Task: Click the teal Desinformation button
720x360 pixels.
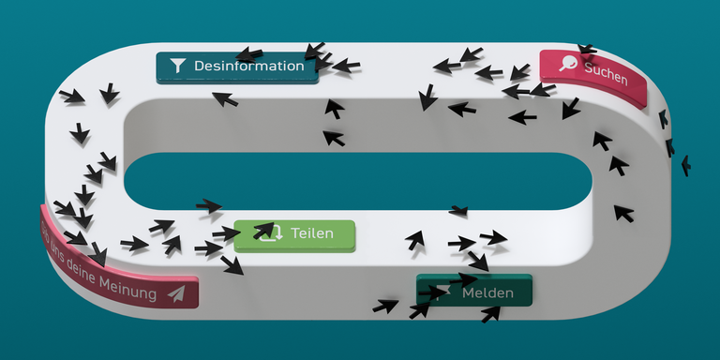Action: pyautogui.click(x=236, y=67)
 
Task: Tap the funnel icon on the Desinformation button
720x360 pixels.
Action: pyautogui.click(x=176, y=66)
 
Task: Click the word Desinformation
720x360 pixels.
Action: pyautogui.click(x=248, y=67)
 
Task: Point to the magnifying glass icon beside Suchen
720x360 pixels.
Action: pyautogui.click(x=568, y=63)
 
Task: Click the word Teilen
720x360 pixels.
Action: pyautogui.click(x=311, y=233)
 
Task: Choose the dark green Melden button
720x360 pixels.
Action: pyautogui.click(x=474, y=291)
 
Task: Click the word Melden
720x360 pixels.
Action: pyautogui.click(x=487, y=293)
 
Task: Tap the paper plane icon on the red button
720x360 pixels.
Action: pyautogui.click(x=176, y=293)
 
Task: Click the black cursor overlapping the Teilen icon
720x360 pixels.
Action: pyautogui.click(x=263, y=230)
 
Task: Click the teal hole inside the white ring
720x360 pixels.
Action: pyautogui.click(x=356, y=179)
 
